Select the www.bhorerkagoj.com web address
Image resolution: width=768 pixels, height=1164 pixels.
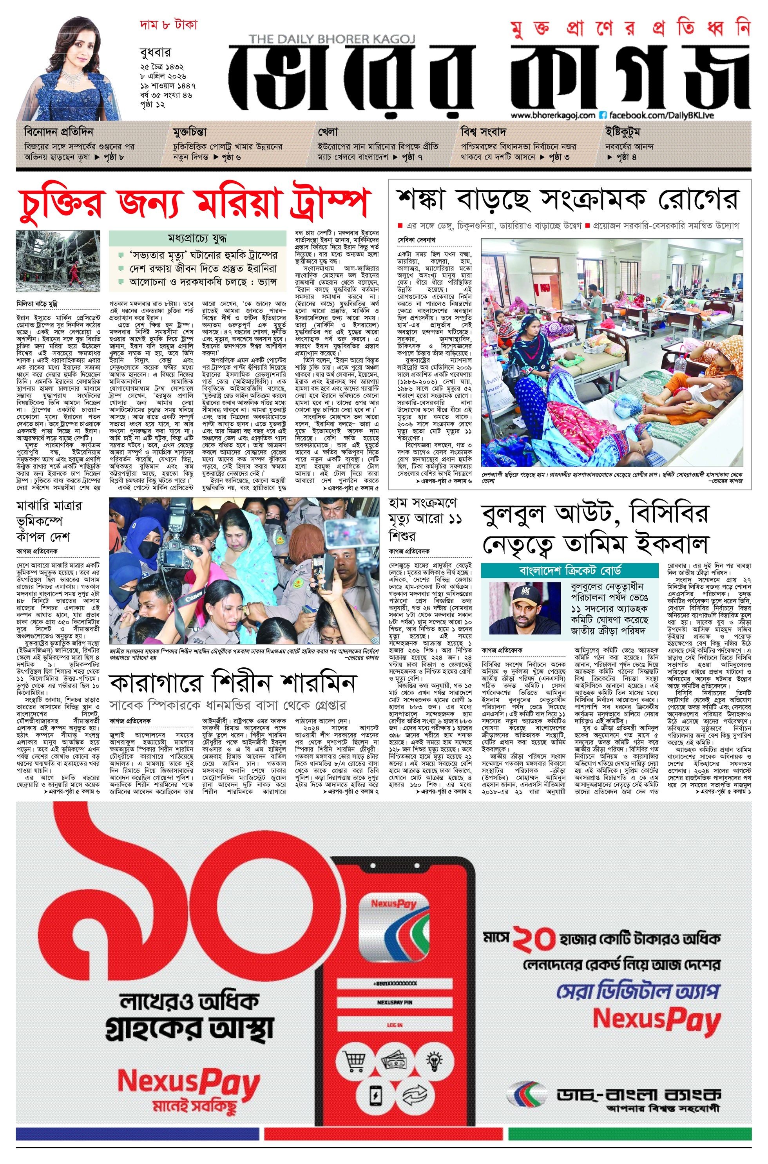pos(553,116)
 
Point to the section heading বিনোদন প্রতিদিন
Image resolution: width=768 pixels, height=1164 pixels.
pos(58,132)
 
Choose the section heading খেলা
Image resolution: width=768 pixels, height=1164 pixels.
pos(328,132)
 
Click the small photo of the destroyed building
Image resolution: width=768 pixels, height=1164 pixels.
pos(58,261)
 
